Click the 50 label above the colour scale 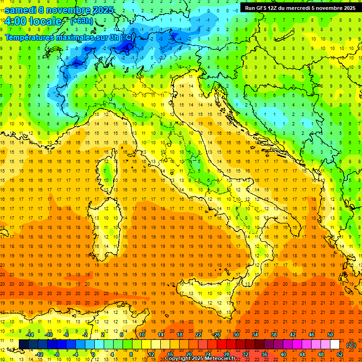click(x=330, y=334)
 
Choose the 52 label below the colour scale click(x=340, y=354)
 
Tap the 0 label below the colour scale click(x=93, y=354)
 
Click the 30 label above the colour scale click(x=236, y=334)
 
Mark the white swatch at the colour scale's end click(x=335, y=345)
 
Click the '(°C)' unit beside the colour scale click(x=351, y=345)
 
